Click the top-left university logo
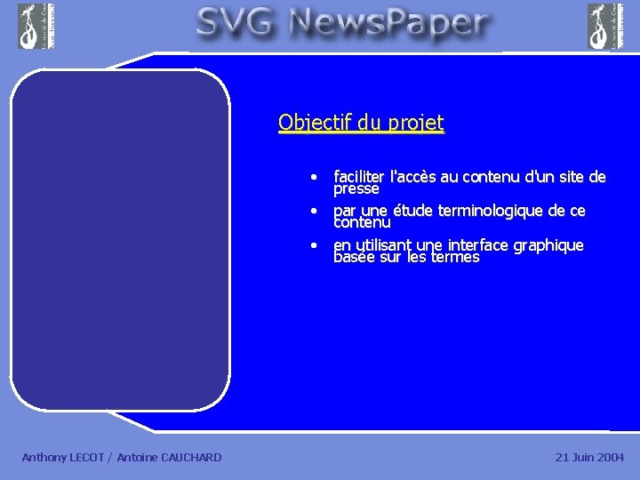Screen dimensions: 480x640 pos(36,26)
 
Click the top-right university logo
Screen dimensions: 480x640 pos(605,26)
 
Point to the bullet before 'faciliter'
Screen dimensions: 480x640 pos(314,177)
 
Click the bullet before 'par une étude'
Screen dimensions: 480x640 pos(314,212)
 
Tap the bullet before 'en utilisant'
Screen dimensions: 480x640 pos(314,245)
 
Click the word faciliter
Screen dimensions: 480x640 pos(360,177)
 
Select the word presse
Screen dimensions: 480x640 pos(356,188)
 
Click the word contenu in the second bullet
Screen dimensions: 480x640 pos(362,222)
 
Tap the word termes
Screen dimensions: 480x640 pos(455,257)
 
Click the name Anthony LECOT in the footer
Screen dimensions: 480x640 pos(62,457)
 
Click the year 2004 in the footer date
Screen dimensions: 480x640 pos(610,457)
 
